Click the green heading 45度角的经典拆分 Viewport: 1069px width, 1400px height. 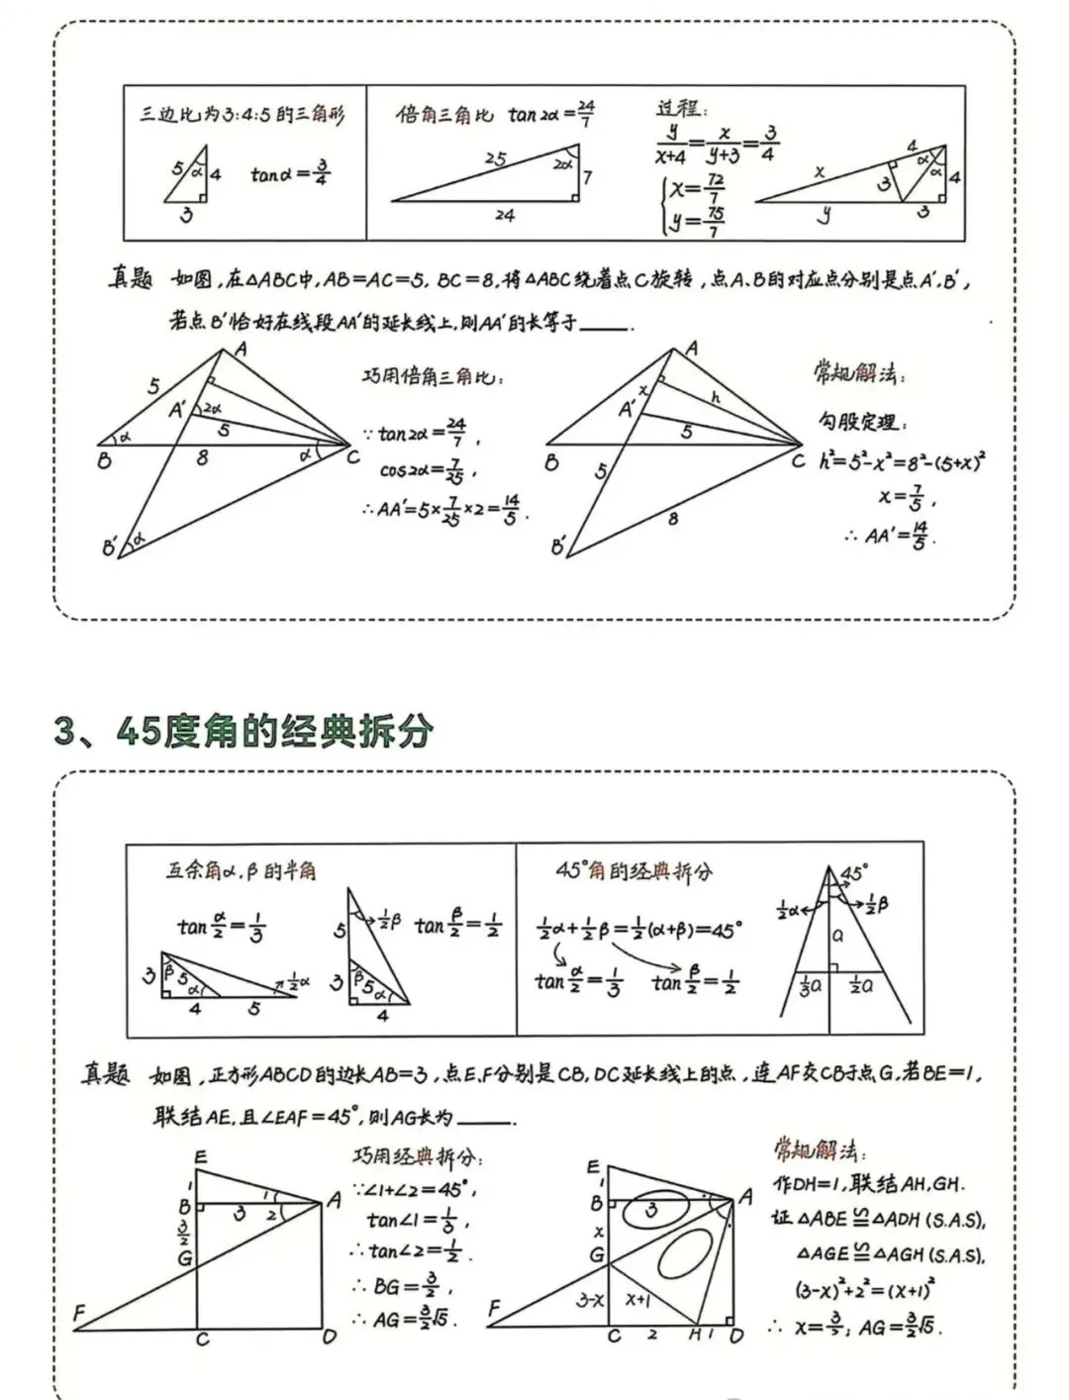tap(243, 732)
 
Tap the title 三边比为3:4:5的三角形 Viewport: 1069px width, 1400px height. tap(243, 115)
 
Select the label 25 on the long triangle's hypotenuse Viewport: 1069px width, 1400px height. tap(495, 158)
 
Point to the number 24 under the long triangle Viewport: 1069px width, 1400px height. tap(505, 215)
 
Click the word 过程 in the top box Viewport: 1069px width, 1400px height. tap(681, 108)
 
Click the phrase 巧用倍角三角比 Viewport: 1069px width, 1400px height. tap(433, 377)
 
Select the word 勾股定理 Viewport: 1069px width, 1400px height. tap(857, 422)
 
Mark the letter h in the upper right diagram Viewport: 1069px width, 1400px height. tap(716, 397)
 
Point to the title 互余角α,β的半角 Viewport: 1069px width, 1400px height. tap(241, 870)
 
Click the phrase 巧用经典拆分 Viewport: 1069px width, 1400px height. tap(418, 1156)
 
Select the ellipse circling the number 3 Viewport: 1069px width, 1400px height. tap(651, 1209)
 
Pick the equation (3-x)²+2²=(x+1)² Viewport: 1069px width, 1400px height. tap(866, 1290)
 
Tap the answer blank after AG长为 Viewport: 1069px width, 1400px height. tap(486, 1119)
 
